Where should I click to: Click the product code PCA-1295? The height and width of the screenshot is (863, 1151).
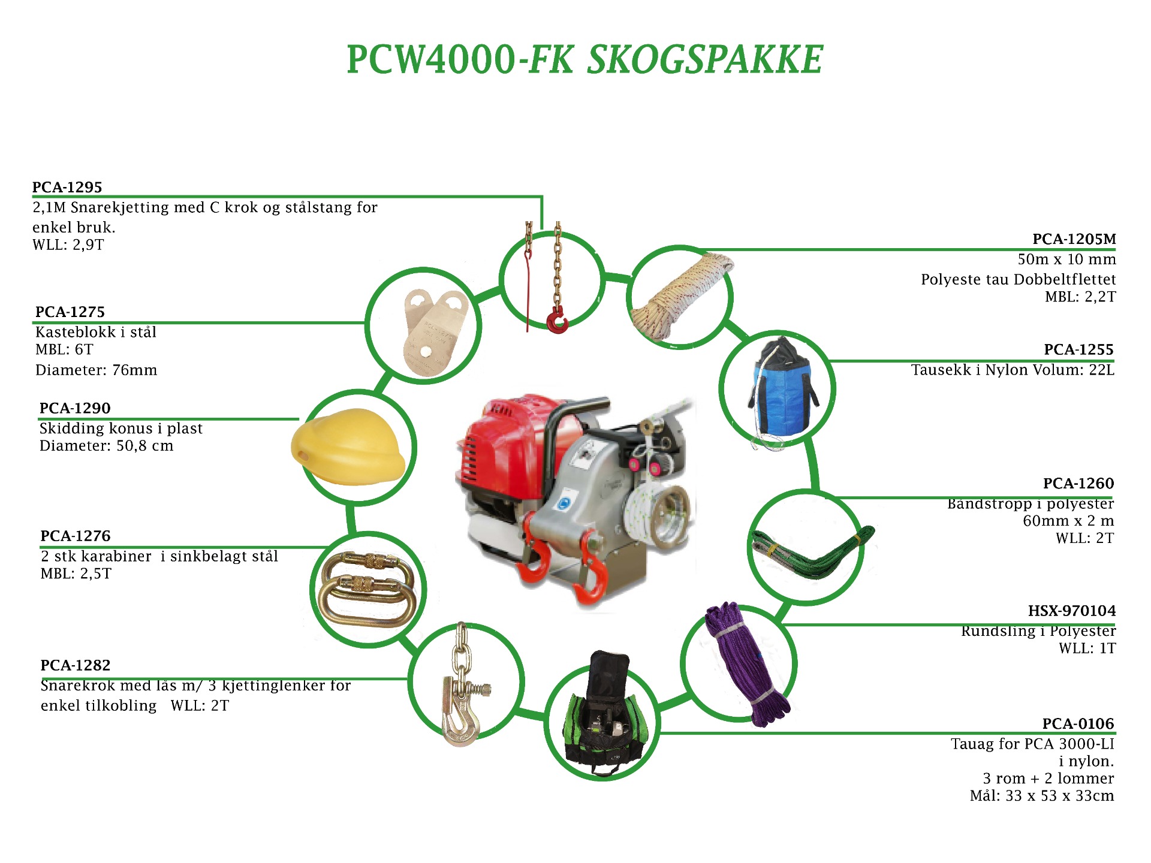coord(67,188)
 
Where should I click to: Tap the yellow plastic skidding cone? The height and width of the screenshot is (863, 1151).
coord(348,447)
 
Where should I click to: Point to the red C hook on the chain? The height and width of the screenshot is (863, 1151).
coord(558,321)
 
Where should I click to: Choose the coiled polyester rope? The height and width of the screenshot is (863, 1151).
coord(680,297)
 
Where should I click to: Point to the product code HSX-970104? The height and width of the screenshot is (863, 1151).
coord(1071,611)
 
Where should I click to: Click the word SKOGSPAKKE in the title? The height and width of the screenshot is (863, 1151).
coord(704,60)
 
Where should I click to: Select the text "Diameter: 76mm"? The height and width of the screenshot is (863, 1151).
coord(96,370)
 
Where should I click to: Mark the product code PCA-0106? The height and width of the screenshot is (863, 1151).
coord(1078,724)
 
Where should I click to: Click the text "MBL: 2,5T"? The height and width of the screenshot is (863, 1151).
coord(76,574)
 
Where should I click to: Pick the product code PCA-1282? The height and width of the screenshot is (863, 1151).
coord(76,665)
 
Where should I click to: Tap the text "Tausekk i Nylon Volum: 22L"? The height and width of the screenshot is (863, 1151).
coord(1013,370)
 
